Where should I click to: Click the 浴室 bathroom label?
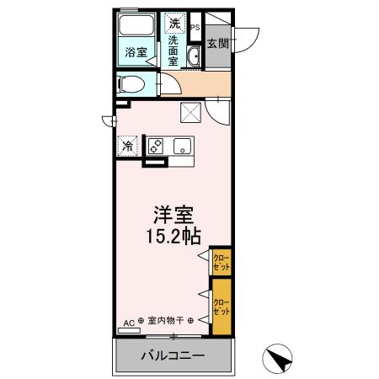click(135, 52)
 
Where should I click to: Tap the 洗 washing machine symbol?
click(173, 22)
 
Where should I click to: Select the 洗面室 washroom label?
click(173, 51)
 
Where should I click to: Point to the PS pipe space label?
click(195, 28)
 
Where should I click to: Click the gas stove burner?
click(157, 146)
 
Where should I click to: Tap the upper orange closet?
click(221, 260)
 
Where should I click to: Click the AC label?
click(129, 321)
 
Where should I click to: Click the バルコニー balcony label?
click(173, 356)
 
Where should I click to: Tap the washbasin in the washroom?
click(193, 56)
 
